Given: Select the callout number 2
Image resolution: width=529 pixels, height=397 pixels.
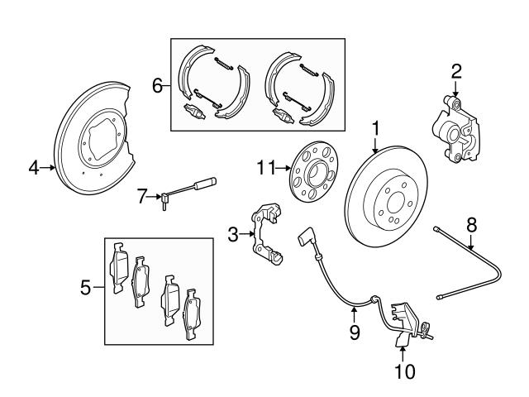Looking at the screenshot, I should pos(455,72).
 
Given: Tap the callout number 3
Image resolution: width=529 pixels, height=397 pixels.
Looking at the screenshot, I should pos(234,236).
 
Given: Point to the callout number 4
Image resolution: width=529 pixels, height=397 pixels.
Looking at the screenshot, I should pos(34,168).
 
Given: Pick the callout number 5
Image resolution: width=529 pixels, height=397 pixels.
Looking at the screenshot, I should pos(85,289).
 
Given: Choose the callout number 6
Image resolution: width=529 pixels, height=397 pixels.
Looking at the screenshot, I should pos(156,84).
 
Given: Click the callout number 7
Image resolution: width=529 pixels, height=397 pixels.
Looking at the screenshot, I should pos(141,195).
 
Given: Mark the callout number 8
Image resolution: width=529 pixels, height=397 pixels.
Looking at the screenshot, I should pos(471,223).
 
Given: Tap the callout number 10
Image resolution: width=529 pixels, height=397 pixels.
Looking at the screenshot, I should pos(404,371).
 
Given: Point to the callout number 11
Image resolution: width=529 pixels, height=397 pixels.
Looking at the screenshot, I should pos(265,168).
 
